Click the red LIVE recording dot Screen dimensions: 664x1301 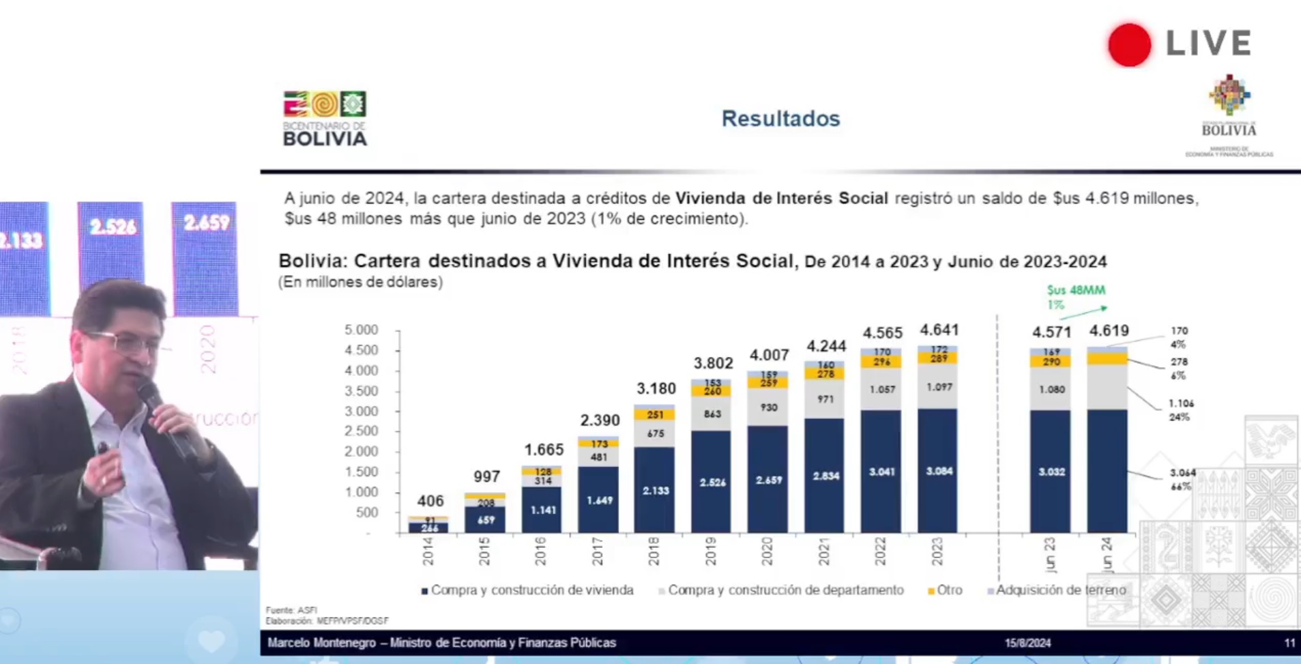click(1129, 45)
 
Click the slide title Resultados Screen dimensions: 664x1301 click(780, 119)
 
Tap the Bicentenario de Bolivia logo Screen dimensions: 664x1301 click(325, 119)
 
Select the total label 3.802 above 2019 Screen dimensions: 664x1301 click(713, 363)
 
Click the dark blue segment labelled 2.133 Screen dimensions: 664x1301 click(655, 490)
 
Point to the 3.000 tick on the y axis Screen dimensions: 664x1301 click(361, 411)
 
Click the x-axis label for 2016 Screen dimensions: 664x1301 click(540, 551)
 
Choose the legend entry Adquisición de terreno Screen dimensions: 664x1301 click(1059, 590)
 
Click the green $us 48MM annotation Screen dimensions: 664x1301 click(1076, 291)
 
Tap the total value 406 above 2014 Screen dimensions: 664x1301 click(430, 501)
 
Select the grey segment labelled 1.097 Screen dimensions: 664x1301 click(939, 387)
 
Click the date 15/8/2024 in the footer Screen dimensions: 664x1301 click(1027, 643)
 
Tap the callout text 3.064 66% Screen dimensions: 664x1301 click(1182, 479)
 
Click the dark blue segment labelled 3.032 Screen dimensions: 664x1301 click(1051, 472)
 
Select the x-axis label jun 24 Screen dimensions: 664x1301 click(1107, 553)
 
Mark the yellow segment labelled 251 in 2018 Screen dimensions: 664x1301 click(655, 415)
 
